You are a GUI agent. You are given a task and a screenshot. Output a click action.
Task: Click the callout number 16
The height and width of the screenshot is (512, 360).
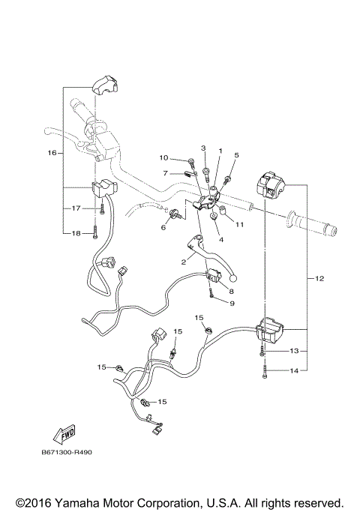(52, 153)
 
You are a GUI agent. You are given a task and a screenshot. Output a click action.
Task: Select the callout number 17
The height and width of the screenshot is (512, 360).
(76, 208)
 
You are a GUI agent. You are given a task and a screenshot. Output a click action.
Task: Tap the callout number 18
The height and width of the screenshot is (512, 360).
(76, 234)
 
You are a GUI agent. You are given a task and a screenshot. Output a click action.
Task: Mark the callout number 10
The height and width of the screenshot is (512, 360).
(163, 157)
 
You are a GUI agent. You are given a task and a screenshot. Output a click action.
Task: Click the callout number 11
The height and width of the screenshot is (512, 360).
(241, 224)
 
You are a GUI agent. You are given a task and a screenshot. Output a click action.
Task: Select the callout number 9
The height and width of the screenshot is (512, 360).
(232, 303)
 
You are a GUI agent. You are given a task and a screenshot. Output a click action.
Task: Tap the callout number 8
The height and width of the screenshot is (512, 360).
(231, 291)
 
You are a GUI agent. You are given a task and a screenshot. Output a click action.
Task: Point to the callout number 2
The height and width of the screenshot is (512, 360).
(182, 262)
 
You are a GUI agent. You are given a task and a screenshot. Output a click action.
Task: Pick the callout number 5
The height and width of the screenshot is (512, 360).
(235, 155)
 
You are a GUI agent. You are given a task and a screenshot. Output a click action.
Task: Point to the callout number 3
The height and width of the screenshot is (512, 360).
(202, 148)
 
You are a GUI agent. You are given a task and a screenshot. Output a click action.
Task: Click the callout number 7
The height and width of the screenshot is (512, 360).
(164, 173)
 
